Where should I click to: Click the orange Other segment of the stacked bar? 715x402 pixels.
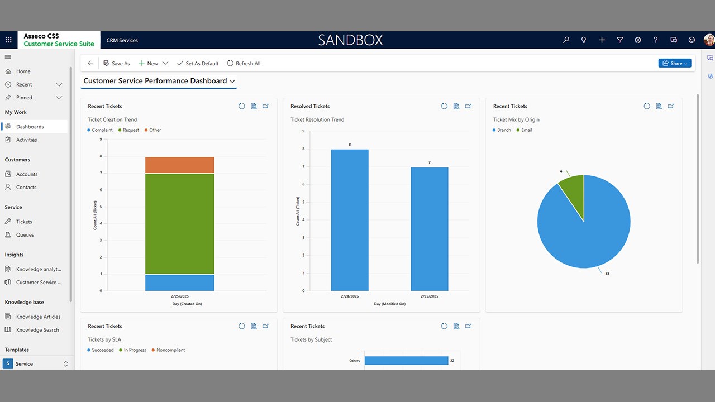click(x=179, y=165)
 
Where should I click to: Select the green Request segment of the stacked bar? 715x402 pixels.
click(x=179, y=223)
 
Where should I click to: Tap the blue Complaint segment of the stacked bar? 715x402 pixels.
click(x=179, y=283)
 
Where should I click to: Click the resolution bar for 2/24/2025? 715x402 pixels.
click(x=350, y=220)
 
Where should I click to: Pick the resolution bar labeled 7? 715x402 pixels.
click(x=429, y=229)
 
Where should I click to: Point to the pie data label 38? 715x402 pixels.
click(x=607, y=274)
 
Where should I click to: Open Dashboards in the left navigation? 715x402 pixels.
click(x=30, y=127)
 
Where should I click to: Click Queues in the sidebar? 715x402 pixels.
click(x=25, y=235)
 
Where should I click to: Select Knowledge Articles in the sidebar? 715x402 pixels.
click(x=38, y=317)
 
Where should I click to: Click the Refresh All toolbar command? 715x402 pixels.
click(x=244, y=64)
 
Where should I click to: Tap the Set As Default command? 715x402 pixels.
click(x=198, y=64)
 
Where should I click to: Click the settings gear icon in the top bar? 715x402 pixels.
click(x=638, y=40)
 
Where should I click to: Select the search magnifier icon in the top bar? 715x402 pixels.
click(x=566, y=40)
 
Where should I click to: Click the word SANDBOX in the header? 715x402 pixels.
click(x=350, y=40)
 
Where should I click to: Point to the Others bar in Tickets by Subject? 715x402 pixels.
click(x=406, y=361)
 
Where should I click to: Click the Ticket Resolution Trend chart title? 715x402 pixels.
click(x=317, y=119)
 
